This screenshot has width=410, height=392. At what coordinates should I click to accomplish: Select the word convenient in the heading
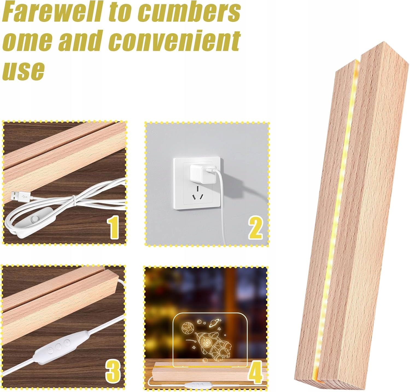[x=175, y=41]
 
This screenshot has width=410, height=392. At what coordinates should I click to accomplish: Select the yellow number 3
[x=113, y=370]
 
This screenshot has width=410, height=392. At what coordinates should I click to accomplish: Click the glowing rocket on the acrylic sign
[x=210, y=343]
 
